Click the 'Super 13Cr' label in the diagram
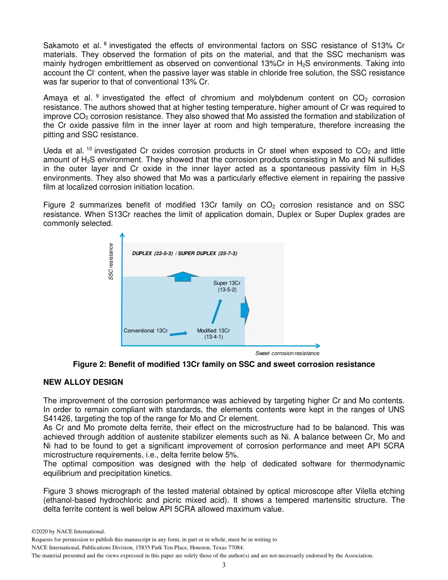227,283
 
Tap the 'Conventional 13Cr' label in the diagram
146,331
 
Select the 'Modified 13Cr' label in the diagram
213,331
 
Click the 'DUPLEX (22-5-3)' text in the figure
152,253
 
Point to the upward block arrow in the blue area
183,277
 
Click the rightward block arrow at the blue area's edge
244,310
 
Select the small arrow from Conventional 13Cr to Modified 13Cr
178,334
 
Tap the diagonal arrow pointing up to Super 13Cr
216,311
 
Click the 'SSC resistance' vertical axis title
111,261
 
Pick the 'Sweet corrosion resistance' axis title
287,353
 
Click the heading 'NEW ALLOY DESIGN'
83,382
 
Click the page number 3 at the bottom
224,565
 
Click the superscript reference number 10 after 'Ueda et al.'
88,149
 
